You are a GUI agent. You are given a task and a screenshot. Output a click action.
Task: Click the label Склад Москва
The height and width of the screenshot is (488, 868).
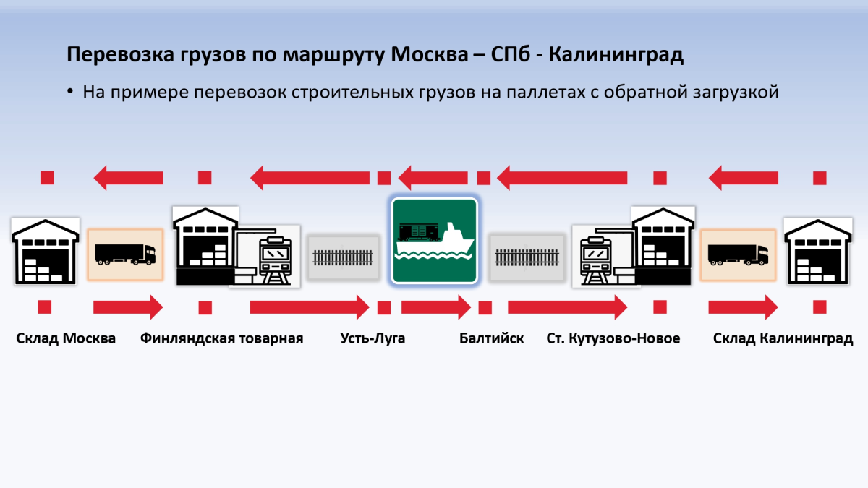click(66, 338)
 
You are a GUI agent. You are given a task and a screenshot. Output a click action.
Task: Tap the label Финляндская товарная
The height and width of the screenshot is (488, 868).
click(221, 338)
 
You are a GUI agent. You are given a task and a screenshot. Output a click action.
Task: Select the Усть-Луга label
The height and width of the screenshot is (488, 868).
click(373, 338)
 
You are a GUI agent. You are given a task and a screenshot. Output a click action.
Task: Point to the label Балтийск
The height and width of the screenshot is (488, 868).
click(491, 338)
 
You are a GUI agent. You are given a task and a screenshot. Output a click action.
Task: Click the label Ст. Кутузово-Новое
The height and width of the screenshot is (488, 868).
click(613, 338)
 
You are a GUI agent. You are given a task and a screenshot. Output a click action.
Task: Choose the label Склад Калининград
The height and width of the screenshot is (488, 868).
click(783, 338)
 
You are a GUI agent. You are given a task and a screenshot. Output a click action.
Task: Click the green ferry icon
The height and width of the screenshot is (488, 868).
click(434, 241)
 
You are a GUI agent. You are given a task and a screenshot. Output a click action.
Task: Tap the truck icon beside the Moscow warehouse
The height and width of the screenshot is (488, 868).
click(125, 254)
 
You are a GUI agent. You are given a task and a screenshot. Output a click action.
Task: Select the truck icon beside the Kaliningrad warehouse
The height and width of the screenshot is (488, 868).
click(738, 254)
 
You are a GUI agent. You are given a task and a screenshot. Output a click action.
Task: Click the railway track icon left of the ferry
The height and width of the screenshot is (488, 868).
click(343, 257)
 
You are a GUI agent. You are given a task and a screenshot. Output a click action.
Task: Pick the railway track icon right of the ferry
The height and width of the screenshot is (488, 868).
click(527, 257)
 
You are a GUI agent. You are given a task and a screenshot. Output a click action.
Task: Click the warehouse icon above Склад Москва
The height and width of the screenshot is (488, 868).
click(46, 250)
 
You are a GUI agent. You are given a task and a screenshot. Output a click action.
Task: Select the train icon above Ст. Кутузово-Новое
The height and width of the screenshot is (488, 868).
click(597, 257)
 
